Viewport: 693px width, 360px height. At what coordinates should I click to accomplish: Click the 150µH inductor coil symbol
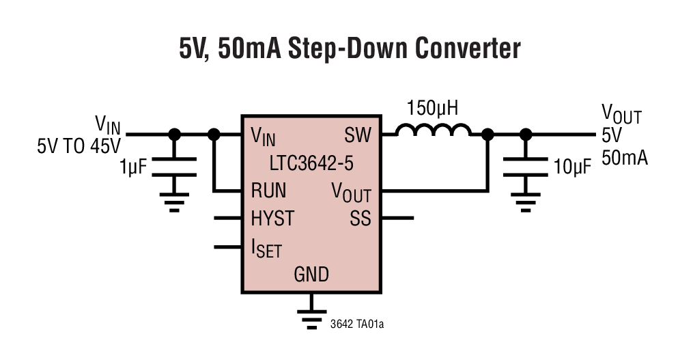point(434,130)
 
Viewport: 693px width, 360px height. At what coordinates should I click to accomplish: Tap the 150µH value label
point(432,108)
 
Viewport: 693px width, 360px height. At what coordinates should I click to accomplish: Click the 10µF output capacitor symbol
point(525,166)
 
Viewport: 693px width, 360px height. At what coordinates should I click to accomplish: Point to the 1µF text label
point(132,166)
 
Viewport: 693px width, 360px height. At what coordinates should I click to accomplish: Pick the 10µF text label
point(572,167)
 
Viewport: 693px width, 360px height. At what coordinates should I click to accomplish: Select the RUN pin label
point(268,190)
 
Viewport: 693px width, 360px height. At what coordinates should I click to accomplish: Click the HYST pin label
point(272,219)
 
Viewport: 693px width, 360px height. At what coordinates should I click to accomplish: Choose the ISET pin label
point(266,248)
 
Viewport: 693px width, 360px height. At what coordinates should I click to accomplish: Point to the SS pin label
point(360,219)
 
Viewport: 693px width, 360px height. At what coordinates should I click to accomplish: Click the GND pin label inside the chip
point(311,275)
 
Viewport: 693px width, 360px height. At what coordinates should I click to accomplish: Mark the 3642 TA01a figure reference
point(356,324)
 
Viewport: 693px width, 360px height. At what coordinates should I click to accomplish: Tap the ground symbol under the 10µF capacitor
point(525,202)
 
